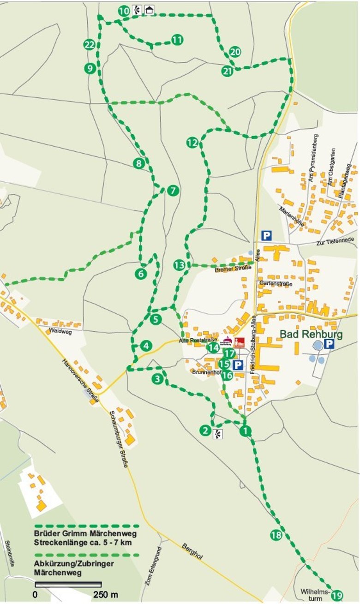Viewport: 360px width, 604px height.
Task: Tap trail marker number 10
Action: tap(124, 11)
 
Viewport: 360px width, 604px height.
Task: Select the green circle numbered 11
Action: tap(177, 40)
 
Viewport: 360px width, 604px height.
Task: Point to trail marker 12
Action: tap(192, 143)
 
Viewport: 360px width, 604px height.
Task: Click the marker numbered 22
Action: tap(90, 45)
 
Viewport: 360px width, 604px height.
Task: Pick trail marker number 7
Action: tap(173, 190)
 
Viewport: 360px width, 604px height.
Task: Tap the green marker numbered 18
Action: tap(276, 535)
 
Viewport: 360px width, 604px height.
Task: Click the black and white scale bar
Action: tap(68, 585)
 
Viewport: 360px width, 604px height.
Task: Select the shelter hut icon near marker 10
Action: tap(149, 10)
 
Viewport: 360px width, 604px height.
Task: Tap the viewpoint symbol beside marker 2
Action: tap(218, 433)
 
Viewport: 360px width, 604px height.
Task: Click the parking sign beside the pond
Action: tap(329, 344)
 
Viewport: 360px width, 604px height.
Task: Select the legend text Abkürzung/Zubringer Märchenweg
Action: tap(74, 568)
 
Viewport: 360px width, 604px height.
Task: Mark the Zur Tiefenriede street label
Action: tap(335, 239)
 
